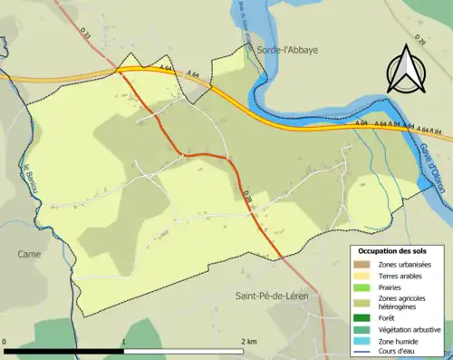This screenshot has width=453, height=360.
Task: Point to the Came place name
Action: tap(28, 255)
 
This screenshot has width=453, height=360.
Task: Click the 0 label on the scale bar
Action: tap(5, 341)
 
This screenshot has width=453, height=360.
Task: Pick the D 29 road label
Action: tap(248, 192)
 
